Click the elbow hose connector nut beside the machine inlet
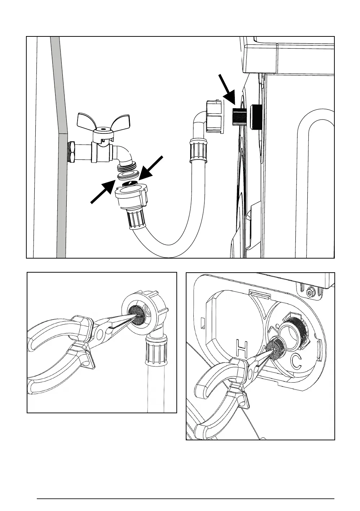click(214, 116)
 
